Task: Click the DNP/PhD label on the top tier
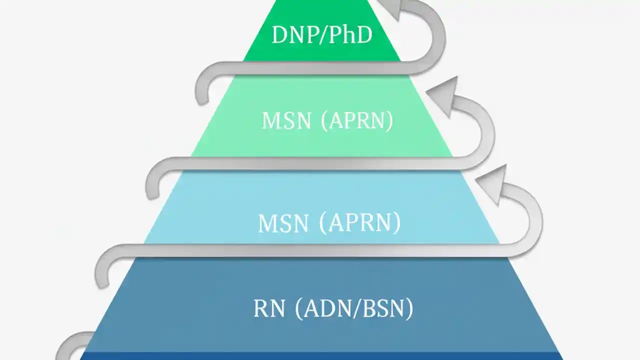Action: point(322,35)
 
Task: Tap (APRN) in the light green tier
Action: point(356,121)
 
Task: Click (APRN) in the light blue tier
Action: point(359,223)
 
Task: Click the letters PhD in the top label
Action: point(352,35)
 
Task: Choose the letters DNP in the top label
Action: point(294,35)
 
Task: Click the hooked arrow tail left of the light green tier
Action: point(201,90)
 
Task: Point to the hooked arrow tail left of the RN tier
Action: point(101,272)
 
